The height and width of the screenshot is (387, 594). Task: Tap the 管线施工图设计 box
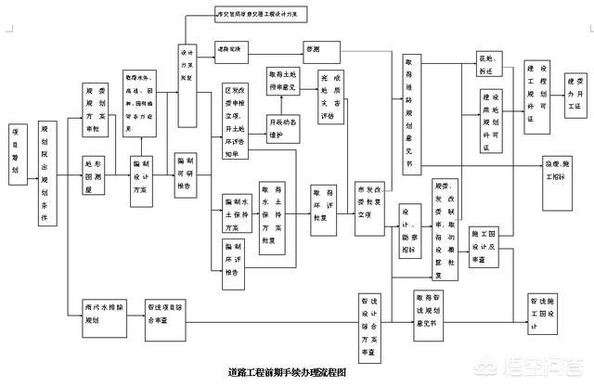(x=543, y=313)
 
